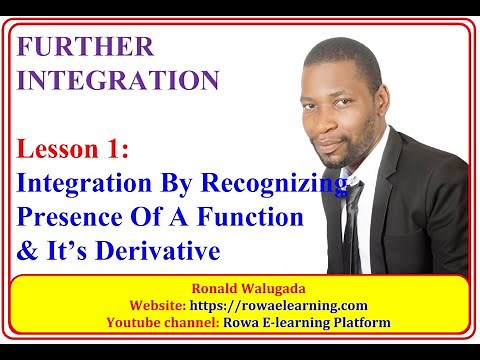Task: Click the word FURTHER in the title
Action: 86,46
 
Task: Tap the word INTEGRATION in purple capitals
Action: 117,79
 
